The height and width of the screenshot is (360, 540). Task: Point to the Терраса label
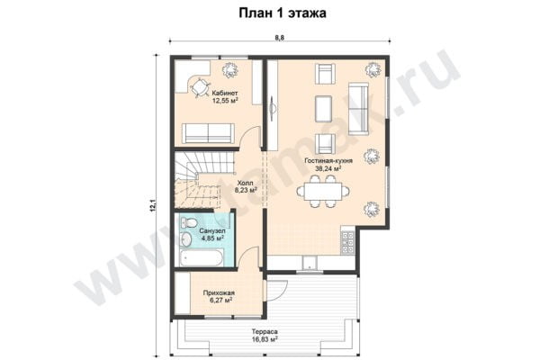click(265, 331)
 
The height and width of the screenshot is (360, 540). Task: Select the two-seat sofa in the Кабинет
click(209, 133)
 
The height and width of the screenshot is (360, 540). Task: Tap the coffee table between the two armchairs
click(324, 108)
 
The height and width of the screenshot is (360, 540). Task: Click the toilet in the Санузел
click(187, 225)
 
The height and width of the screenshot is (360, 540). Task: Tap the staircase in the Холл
click(198, 180)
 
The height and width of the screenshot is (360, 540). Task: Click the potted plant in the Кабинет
click(229, 68)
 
